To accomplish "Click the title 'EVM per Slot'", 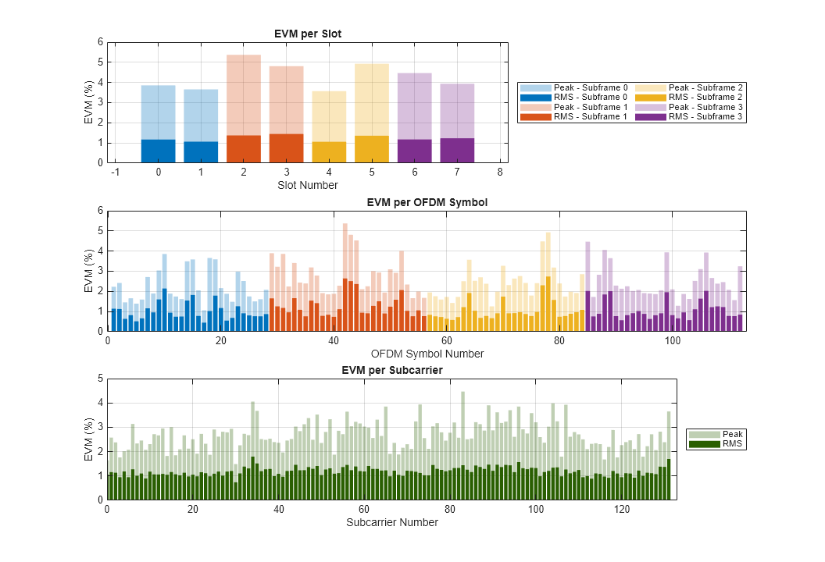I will point(308,34).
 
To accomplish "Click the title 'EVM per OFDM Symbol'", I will point(427,203).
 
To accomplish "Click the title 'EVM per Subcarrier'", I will point(392,371).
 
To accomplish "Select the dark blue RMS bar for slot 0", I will point(158,151).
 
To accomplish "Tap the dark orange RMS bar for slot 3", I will point(286,148).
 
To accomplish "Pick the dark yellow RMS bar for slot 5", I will point(371,149).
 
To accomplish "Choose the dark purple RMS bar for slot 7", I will point(457,151).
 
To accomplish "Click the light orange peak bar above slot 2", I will point(243,94).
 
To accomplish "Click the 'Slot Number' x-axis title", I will point(308,185).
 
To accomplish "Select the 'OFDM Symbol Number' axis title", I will point(427,354).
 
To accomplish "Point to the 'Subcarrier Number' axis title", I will point(392,522).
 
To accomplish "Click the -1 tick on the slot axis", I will point(116,173).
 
